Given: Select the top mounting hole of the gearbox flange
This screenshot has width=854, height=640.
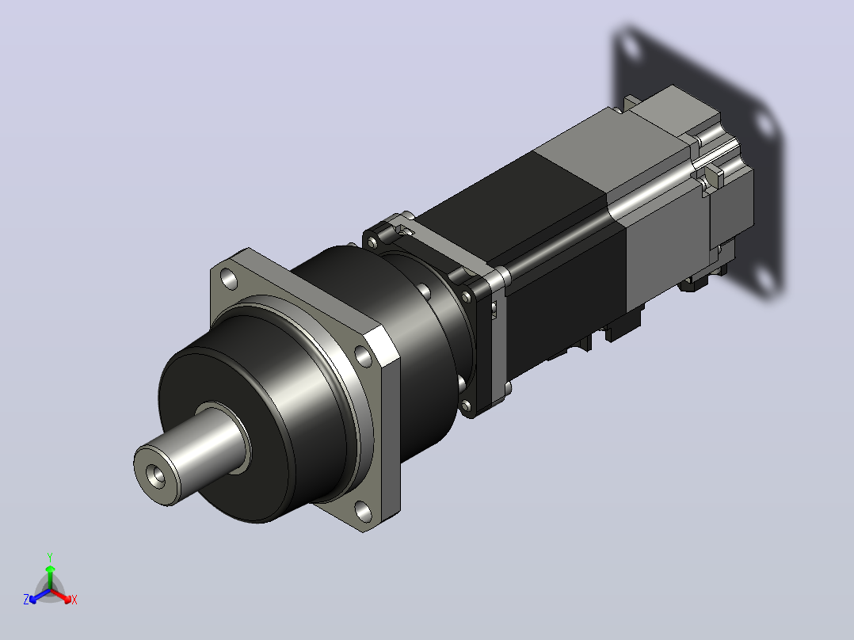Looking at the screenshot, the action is coord(229,280).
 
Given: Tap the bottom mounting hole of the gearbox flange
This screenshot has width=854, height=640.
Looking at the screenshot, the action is coord(363,512).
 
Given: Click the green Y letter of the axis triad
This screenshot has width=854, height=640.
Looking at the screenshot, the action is coord(50,557).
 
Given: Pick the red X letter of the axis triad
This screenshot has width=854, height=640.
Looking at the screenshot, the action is coord(74,600).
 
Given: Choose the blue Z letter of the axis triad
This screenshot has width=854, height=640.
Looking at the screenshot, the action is coord(26,600).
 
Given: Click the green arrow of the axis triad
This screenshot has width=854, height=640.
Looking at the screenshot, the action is coord(50,577).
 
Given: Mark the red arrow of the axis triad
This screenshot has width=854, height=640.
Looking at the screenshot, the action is coord(62,596).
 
